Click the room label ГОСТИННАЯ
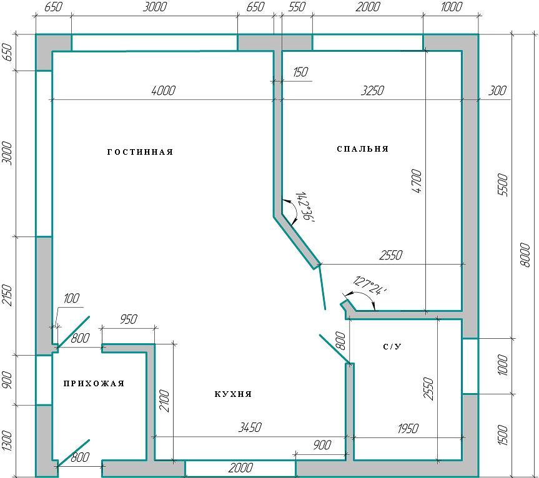[141, 152]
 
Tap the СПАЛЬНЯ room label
[363, 149]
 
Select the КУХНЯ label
[233, 394]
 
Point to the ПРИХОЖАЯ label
[94, 384]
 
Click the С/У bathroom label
[392, 347]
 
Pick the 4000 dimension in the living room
[163, 90]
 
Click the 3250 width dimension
[373, 90]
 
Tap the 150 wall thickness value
[300, 72]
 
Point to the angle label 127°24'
[370, 286]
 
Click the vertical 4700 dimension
[417, 181]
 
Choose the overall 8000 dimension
[525, 255]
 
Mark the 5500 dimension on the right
[502, 185]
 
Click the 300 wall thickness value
[497, 90]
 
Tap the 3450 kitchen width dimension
[250, 427]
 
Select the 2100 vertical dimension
[165, 401]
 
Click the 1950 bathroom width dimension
[408, 429]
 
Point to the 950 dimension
[129, 319]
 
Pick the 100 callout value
[71, 298]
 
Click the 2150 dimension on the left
[7, 295]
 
